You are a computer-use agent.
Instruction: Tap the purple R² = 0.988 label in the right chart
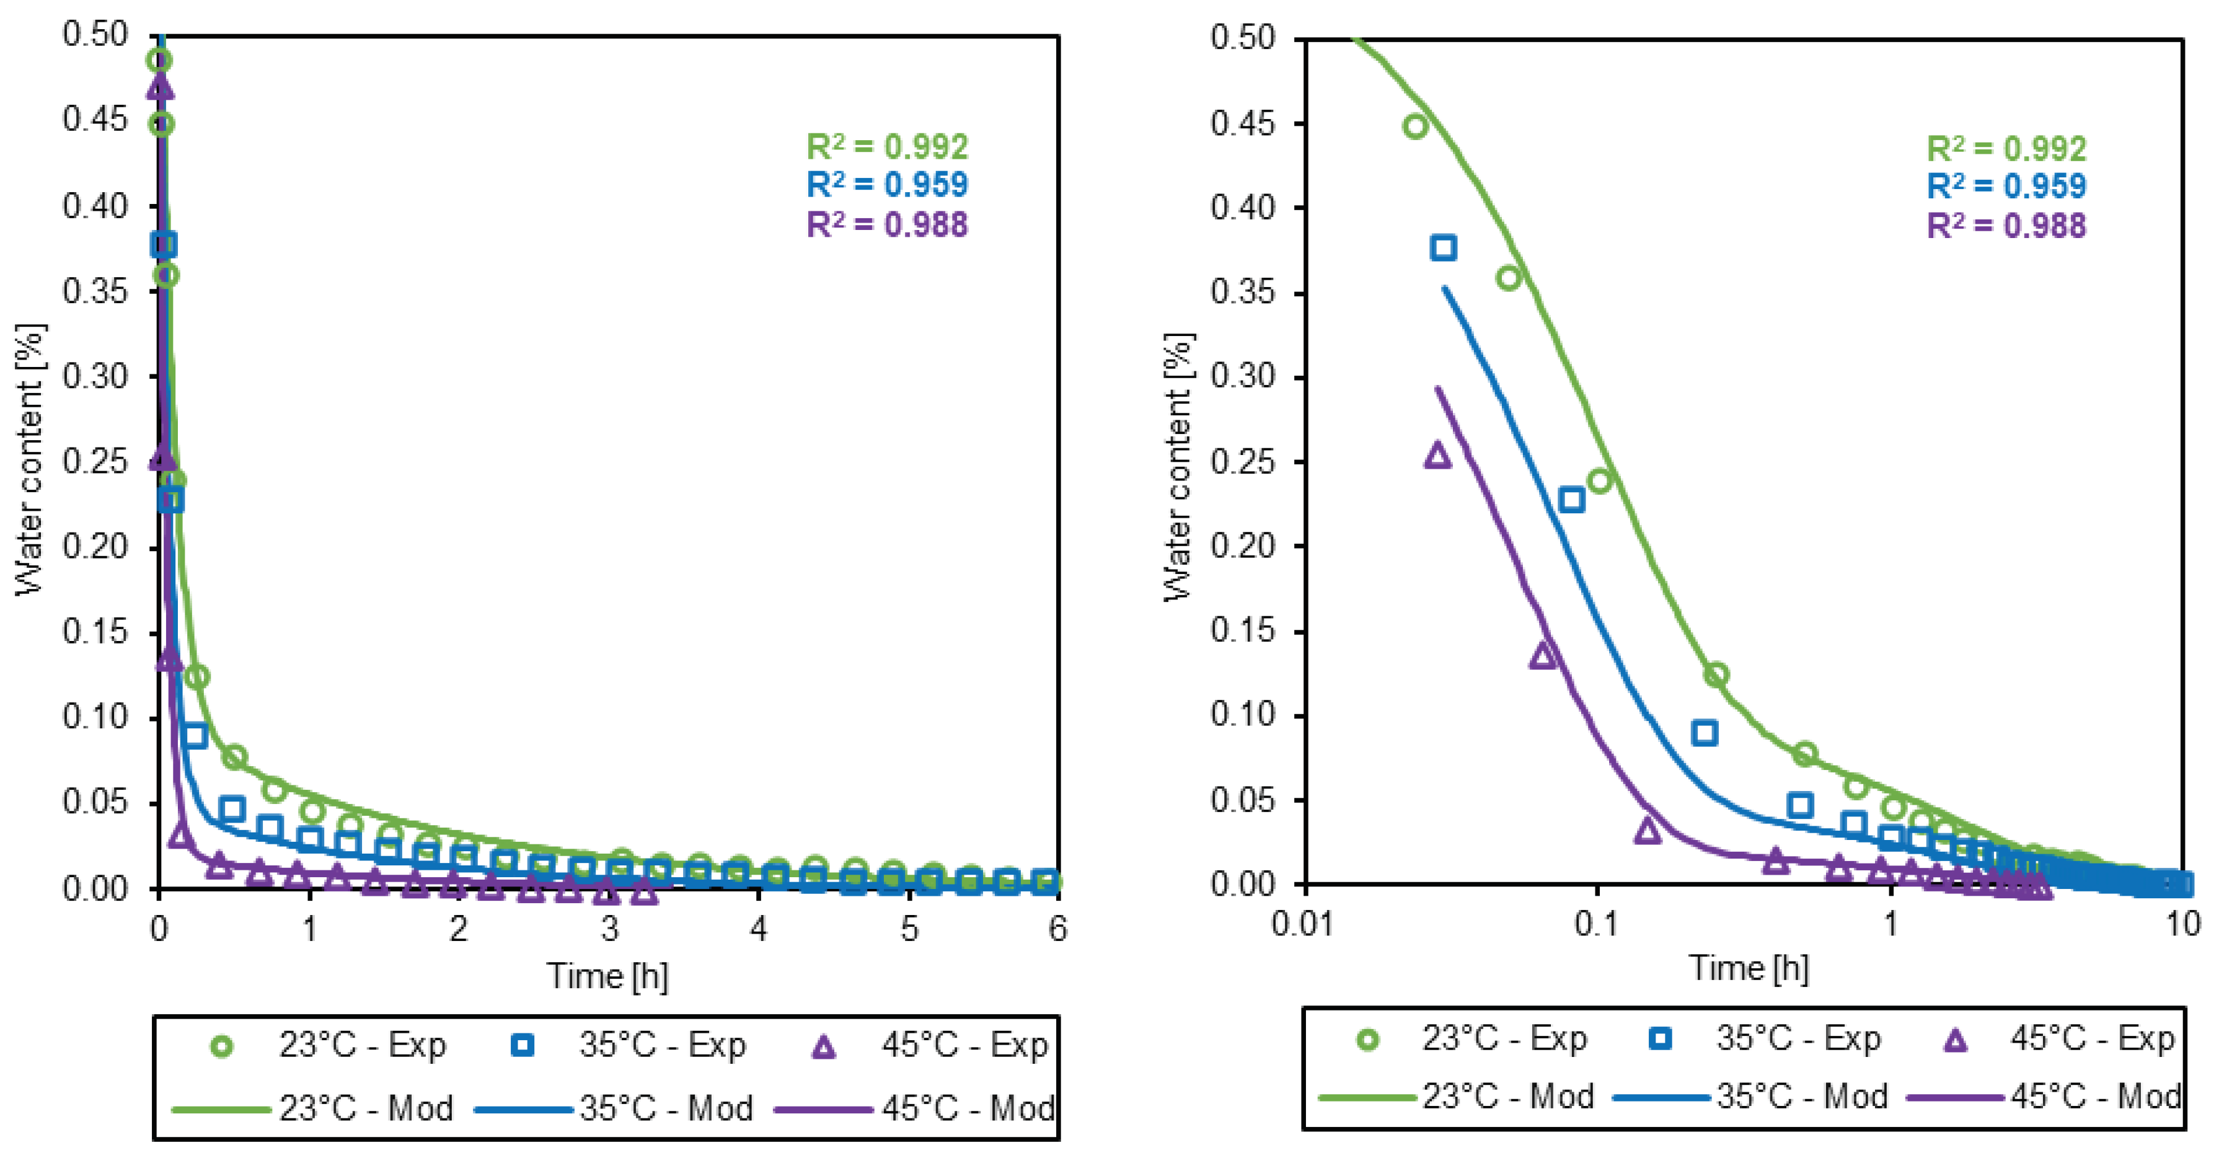[x=2006, y=226]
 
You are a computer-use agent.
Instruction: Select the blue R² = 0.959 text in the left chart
[x=886, y=184]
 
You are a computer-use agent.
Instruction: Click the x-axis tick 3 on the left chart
[x=609, y=928]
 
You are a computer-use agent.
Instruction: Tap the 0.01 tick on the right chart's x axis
[x=1302, y=924]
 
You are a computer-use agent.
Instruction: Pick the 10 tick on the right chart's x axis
[x=2182, y=924]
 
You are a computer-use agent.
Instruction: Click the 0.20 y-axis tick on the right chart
[x=1242, y=546]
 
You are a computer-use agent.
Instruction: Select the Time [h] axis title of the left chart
[x=607, y=976]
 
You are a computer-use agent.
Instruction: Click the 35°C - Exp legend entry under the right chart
[x=1766, y=1038]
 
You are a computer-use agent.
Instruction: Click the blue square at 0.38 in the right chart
[x=1443, y=248]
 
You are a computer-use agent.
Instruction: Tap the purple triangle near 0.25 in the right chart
[x=1437, y=456]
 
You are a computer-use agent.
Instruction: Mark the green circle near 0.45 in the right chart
[x=1415, y=126]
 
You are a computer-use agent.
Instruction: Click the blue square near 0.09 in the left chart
[x=195, y=735]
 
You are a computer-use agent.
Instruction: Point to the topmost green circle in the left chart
[x=159, y=60]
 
